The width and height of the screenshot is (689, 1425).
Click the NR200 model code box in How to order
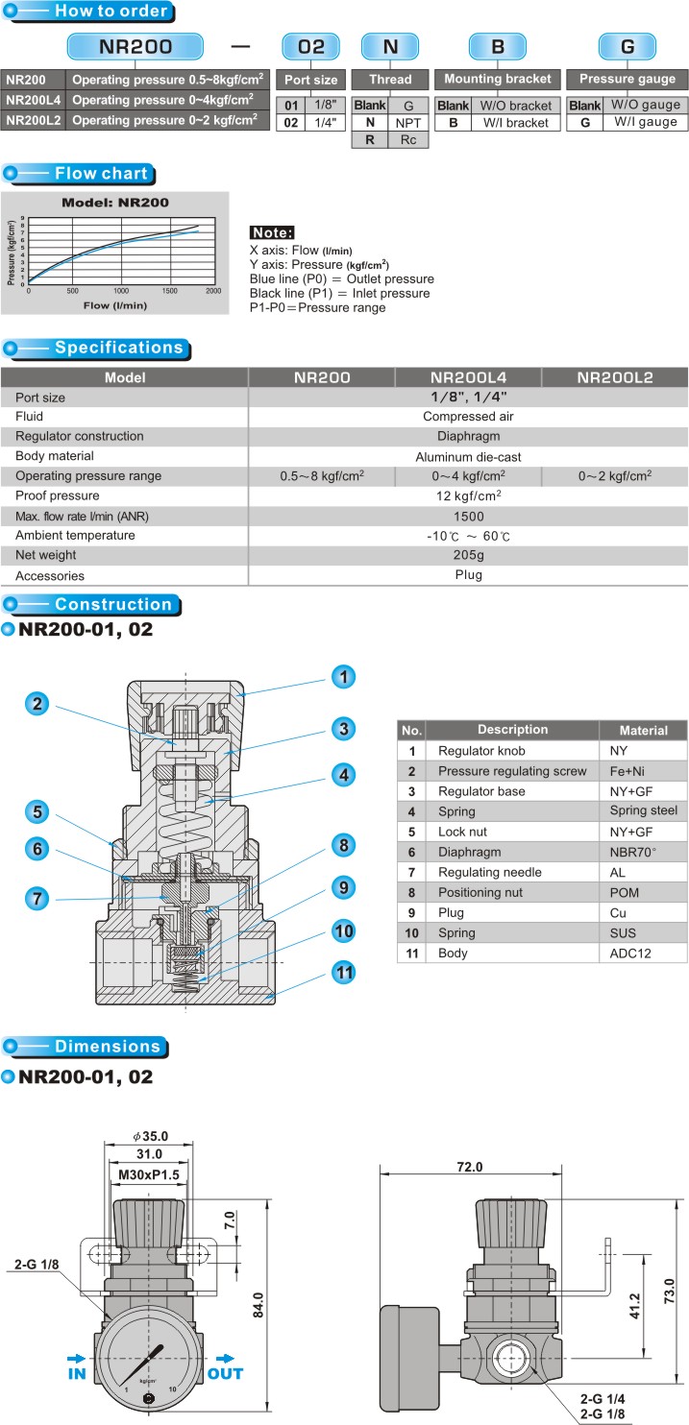[x=135, y=46]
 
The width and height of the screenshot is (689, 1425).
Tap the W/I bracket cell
[x=515, y=123]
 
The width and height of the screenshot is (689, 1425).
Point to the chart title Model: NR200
[x=115, y=203]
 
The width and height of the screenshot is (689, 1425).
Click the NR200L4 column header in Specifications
[x=468, y=377]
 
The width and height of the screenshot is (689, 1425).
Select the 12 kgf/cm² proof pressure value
[x=468, y=495]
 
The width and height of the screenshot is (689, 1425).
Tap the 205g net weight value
[x=468, y=555]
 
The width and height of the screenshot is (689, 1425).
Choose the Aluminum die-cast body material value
[x=468, y=457]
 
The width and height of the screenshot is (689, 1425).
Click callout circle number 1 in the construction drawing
[x=344, y=677]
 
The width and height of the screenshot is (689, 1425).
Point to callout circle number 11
[x=344, y=972]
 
